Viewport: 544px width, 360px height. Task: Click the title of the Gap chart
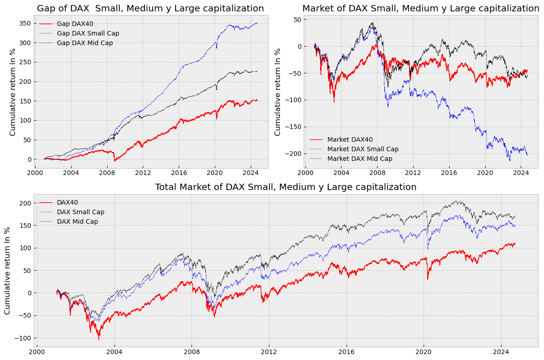click(x=150, y=9)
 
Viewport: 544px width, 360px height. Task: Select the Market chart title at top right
click(x=420, y=9)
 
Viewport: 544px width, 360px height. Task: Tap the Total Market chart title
click(x=285, y=187)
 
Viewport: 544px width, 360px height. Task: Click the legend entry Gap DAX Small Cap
click(x=88, y=33)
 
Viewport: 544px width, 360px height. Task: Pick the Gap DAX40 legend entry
click(x=75, y=24)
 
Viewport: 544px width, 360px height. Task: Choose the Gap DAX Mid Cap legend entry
click(x=84, y=43)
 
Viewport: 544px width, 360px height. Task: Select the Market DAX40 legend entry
click(x=350, y=139)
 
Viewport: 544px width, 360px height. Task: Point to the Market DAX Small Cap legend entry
click(x=363, y=149)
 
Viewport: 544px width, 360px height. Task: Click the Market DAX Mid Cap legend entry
click(x=359, y=159)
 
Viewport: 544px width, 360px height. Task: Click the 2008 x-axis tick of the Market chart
click(x=377, y=173)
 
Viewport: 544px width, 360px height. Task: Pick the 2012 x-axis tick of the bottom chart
click(x=269, y=352)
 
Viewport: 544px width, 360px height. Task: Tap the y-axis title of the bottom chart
click(x=7, y=271)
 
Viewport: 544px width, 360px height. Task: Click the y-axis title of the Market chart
click(x=278, y=92)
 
